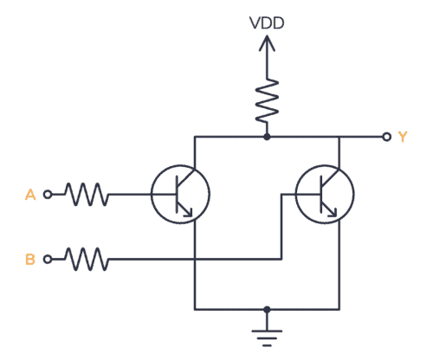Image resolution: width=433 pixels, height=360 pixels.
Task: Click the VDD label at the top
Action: click(266, 23)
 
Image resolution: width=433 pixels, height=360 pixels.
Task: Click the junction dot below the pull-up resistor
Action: click(266, 137)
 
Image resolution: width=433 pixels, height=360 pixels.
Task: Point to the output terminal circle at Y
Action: click(385, 137)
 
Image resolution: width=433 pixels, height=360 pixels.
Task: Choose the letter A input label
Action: click(29, 196)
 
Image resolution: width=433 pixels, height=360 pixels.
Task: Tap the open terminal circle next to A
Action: click(48, 196)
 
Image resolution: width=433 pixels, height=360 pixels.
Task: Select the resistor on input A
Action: click(86, 196)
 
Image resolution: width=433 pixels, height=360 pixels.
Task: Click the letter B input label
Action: click(29, 258)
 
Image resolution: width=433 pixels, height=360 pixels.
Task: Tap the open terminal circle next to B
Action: click(48, 258)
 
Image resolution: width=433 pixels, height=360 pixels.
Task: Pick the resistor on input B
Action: click(86, 258)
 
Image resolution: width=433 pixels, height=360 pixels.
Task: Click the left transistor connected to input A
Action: click(180, 196)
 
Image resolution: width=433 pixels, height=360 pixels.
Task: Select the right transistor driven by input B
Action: click(324, 196)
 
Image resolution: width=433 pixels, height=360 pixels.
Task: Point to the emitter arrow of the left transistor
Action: click(190, 209)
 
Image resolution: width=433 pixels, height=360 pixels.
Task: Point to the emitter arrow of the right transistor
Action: click(333, 209)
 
